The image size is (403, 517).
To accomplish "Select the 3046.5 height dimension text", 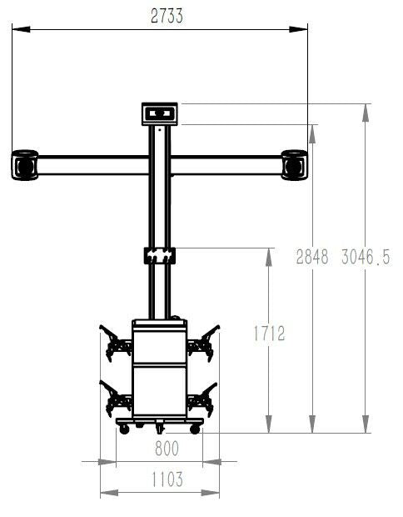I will click(366, 258).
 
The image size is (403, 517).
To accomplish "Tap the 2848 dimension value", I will click(313, 258).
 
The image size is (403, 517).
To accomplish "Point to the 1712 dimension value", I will click(268, 334).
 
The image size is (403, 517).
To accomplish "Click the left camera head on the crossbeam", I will click(24, 164).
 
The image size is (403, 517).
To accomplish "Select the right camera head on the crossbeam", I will click(295, 164).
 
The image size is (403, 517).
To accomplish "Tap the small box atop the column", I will click(159, 113).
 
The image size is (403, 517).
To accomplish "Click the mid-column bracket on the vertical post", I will click(159, 254).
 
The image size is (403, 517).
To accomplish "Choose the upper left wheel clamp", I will click(115, 342).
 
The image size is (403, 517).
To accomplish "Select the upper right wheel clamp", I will click(203, 342).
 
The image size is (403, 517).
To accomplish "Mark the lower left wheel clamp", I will click(115, 398).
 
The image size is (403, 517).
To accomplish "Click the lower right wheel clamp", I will click(203, 398).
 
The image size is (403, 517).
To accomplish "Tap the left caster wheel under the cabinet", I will click(124, 429).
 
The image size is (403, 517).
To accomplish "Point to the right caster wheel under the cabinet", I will click(195, 429).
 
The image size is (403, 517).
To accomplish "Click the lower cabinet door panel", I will click(159, 392).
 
